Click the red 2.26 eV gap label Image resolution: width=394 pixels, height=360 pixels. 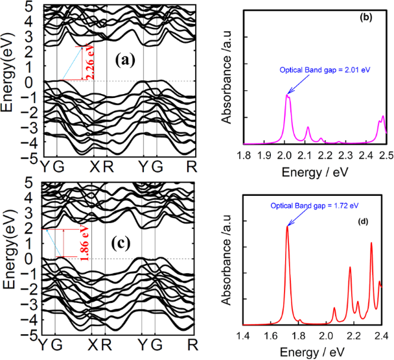tap(89, 63)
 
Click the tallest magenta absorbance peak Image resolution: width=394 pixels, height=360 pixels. tap(287, 96)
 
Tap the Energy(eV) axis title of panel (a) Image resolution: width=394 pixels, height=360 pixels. tap(10, 82)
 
